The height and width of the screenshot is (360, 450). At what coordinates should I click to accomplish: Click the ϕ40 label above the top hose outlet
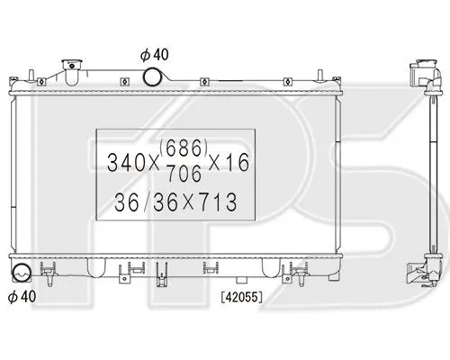coord(155,55)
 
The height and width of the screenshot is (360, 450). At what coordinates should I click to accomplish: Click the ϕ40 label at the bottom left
coord(22,296)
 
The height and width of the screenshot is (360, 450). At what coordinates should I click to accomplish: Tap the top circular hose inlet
coord(152,76)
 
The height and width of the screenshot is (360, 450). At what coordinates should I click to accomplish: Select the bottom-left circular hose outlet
coord(21,273)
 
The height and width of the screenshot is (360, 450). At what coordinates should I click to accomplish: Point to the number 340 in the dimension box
coord(126,163)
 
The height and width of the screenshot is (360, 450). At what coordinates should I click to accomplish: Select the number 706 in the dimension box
coord(184,174)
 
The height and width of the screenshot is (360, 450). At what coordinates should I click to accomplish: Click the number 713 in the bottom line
coord(218,202)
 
